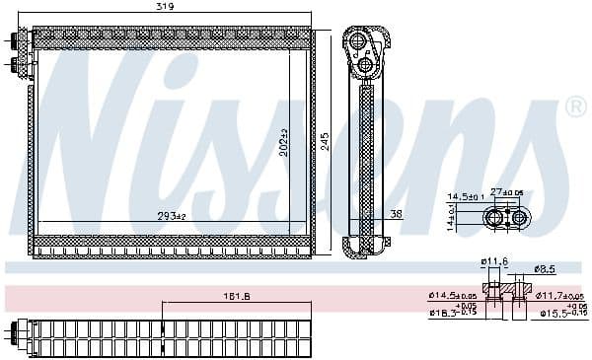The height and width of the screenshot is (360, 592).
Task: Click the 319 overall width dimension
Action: click(173, 8)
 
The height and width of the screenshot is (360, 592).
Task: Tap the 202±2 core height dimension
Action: click(284, 144)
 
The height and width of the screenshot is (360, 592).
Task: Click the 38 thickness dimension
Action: click(396, 213)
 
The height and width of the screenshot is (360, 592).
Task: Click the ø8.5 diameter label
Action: click(543, 268)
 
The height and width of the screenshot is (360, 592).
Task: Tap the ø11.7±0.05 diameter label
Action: click(559, 295)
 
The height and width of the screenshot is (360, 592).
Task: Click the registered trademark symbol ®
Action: click(575, 107)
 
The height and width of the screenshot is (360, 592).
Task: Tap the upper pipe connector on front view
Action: click(18, 41)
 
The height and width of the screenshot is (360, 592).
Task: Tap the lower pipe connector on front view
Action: click(18, 67)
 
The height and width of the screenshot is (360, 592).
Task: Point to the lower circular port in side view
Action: click(365, 66)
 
